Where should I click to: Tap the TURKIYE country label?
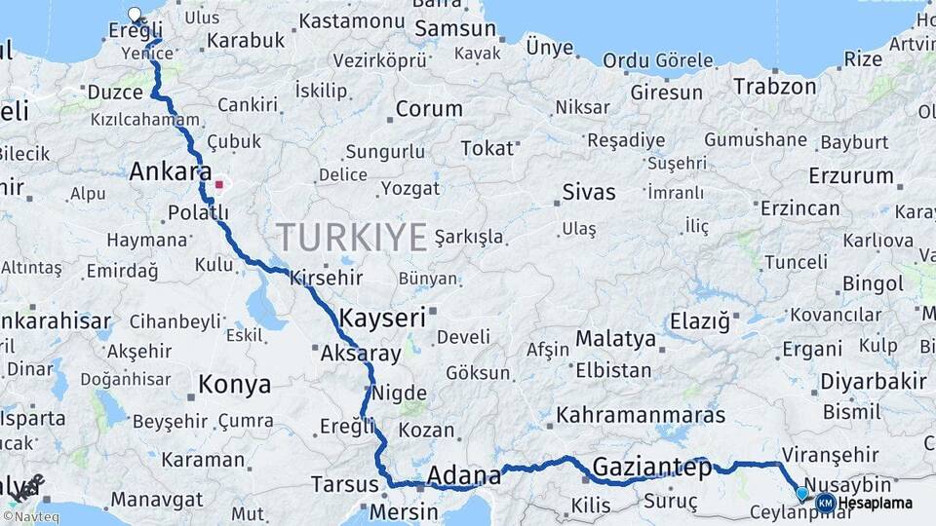(x=352, y=237)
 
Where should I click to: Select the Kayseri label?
(x=383, y=318)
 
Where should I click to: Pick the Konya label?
(x=234, y=385)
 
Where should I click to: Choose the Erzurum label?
(x=851, y=176)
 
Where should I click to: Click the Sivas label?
(x=589, y=192)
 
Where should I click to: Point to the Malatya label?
(x=615, y=339)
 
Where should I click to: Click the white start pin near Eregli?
(x=135, y=15)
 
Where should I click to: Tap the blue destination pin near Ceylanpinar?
(x=801, y=494)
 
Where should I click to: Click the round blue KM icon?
(x=826, y=503)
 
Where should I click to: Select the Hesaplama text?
(x=876, y=504)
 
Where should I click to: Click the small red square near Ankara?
(x=220, y=183)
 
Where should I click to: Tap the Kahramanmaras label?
(x=641, y=415)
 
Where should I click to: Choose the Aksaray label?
(x=361, y=354)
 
